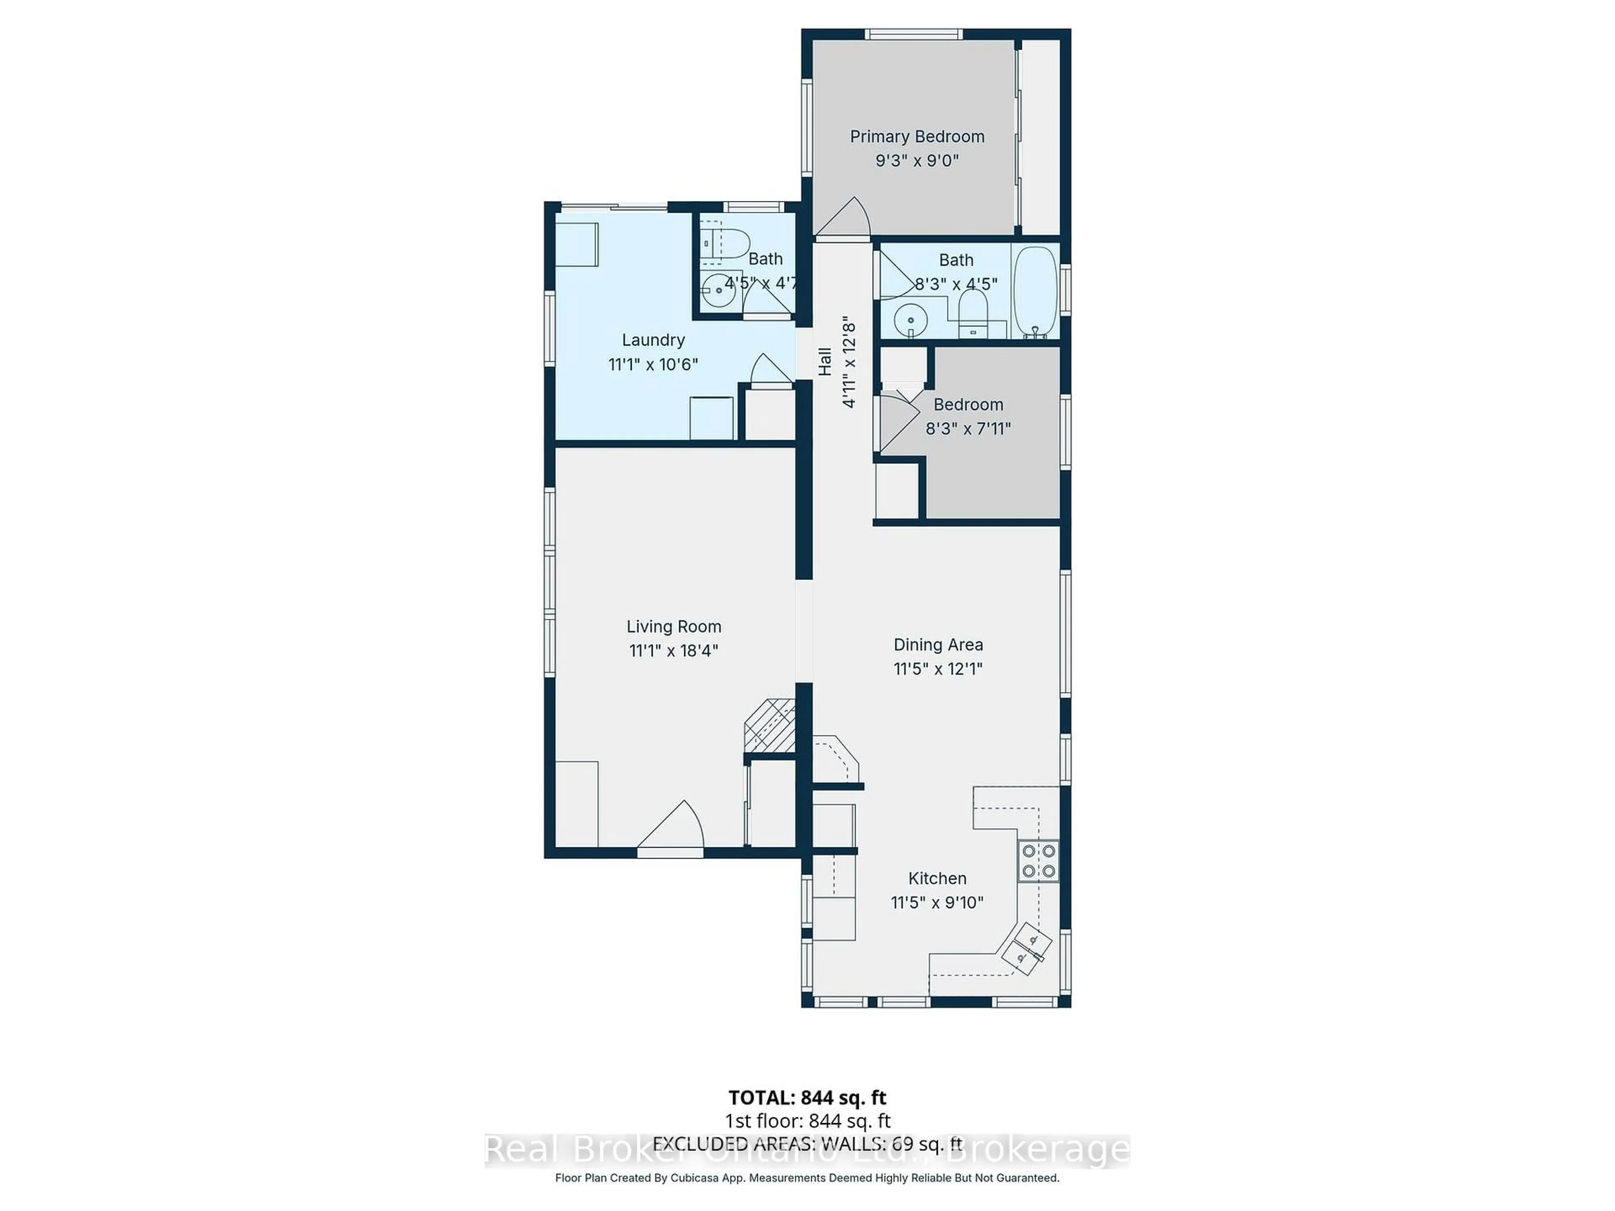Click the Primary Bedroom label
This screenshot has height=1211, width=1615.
[917, 137]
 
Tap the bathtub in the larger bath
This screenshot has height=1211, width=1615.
[1035, 291]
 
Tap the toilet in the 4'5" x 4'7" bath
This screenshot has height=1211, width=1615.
[726, 244]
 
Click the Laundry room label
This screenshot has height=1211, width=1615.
[653, 340]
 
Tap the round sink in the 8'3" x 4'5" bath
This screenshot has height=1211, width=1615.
[911, 320]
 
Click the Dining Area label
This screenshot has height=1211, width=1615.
[938, 645]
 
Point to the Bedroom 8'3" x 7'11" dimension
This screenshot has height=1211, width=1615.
[968, 428]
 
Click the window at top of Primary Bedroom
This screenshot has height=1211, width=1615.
[913, 34]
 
